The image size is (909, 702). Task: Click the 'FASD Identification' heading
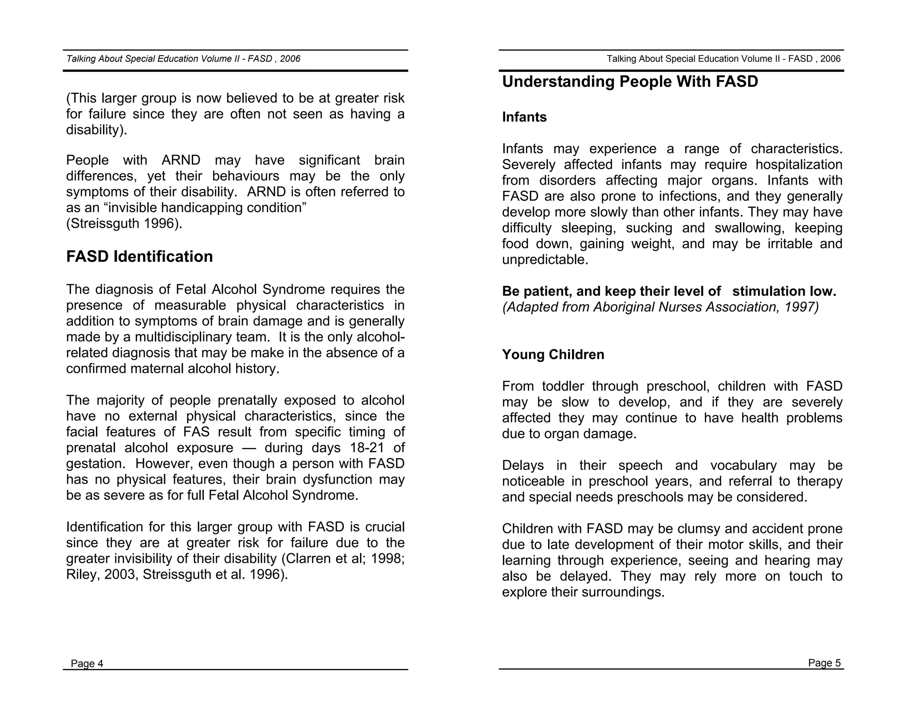[x=139, y=256]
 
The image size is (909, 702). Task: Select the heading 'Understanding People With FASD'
[x=630, y=82]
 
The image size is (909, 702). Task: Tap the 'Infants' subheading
[x=524, y=117]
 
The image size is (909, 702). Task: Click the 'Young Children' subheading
[x=553, y=355]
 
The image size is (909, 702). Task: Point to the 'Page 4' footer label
[x=87, y=663]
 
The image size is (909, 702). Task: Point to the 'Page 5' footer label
[x=824, y=663]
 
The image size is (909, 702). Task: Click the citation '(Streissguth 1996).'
[x=124, y=224]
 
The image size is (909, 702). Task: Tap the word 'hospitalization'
[x=798, y=165]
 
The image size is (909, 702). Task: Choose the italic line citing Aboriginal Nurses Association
[x=660, y=307]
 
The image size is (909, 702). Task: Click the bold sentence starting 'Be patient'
[x=669, y=291]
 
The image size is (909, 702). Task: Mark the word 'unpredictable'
[x=543, y=260]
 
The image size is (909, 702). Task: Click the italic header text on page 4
[x=183, y=59]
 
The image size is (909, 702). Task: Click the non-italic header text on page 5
[x=723, y=59]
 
